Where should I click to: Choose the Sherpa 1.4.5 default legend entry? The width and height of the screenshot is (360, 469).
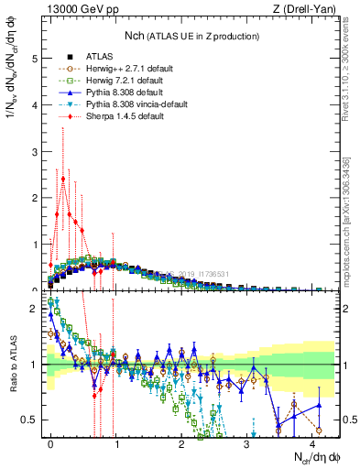104,118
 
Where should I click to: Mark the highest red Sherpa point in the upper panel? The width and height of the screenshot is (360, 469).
63,180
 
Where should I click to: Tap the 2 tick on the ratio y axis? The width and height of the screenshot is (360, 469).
32,309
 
